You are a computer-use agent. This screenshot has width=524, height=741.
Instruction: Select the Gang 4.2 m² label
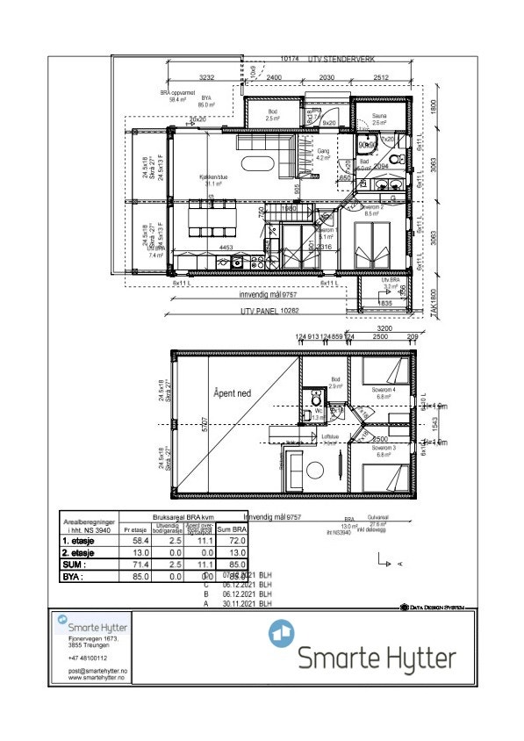[324, 155]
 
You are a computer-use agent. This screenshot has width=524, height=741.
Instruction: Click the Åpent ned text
[232, 393]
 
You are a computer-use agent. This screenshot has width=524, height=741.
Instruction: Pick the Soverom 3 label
[384, 450]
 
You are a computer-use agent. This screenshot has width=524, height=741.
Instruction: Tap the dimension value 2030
[327, 77]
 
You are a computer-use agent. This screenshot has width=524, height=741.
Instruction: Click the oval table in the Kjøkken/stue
[256, 162]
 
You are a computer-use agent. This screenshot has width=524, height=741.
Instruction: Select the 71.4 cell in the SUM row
[137, 565]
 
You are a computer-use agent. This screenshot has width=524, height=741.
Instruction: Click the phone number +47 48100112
[88, 657]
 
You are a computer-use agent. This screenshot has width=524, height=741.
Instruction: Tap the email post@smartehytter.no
[98, 671]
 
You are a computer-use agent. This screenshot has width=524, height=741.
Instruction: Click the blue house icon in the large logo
[281, 632]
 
